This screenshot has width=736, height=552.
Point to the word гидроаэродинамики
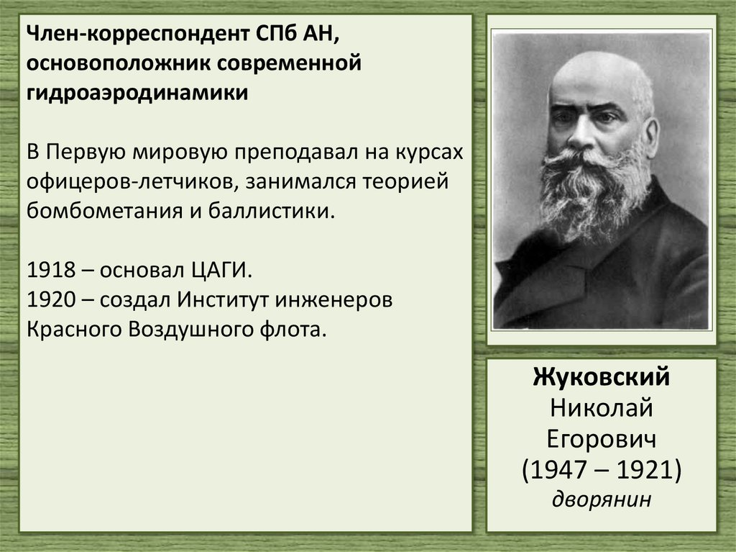[138, 94]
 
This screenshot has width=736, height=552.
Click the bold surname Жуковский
[602, 379]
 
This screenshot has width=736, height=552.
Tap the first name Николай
[602, 408]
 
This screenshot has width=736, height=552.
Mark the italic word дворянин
[602, 498]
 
